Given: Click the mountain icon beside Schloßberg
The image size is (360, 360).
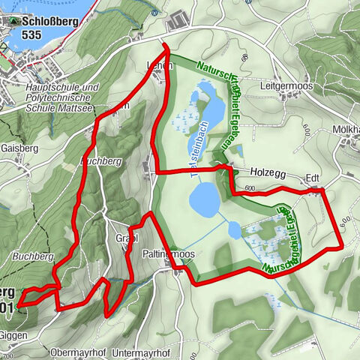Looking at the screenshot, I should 13,21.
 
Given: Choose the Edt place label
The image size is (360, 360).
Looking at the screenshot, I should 312,179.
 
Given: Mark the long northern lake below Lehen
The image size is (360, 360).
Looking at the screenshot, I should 209,107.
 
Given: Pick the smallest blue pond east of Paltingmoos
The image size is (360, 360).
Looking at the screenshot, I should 235,230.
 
